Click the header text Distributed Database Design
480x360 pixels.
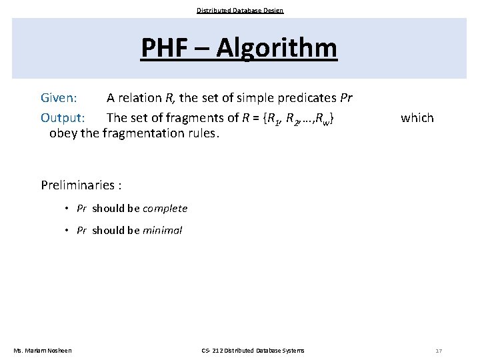240,10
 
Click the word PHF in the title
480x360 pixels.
166,48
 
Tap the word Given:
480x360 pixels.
59,98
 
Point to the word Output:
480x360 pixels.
63,118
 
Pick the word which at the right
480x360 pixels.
417,118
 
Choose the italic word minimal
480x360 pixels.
162,231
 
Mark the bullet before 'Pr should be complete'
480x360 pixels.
68,208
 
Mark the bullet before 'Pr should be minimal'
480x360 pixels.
68,231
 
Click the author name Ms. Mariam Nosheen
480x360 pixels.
43,351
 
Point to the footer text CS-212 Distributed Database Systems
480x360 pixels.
253,351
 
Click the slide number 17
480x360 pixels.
438,351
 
